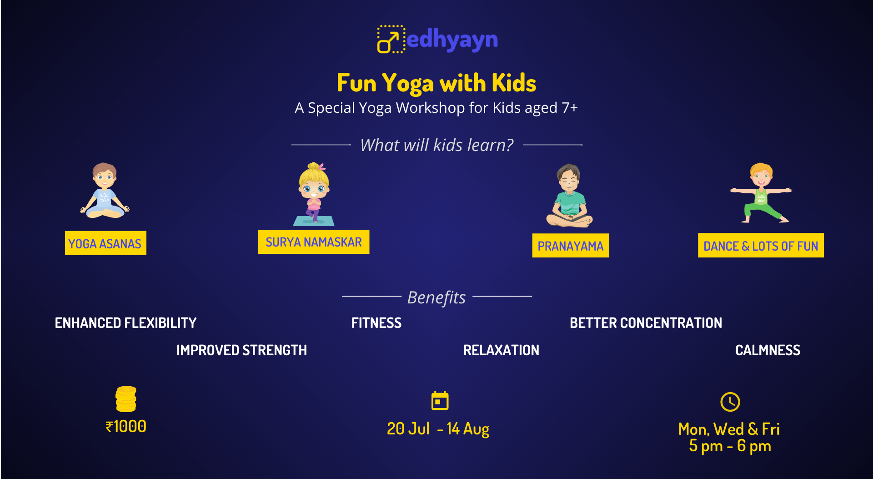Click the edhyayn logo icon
click(x=391, y=39)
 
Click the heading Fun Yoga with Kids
click(x=436, y=83)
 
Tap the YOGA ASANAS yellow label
click(x=105, y=243)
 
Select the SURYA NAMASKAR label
click(x=314, y=242)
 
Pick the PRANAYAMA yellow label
click(x=571, y=246)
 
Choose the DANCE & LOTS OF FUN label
click(x=761, y=246)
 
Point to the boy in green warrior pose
click(x=761, y=193)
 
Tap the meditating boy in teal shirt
click(x=569, y=196)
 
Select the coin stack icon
click(x=126, y=399)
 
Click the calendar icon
click(x=440, y=400)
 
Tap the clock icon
click(x=730, y=402)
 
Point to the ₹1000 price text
click(x=126, y=426)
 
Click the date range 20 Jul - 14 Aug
click(x=438, y=429)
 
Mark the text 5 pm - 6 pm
click(x=730, y=446)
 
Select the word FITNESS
click(x=376, y=323)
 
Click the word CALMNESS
click(x=768, y=350)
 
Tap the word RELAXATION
click(x=501, y=350)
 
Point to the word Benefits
click(x=436, y=297)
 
